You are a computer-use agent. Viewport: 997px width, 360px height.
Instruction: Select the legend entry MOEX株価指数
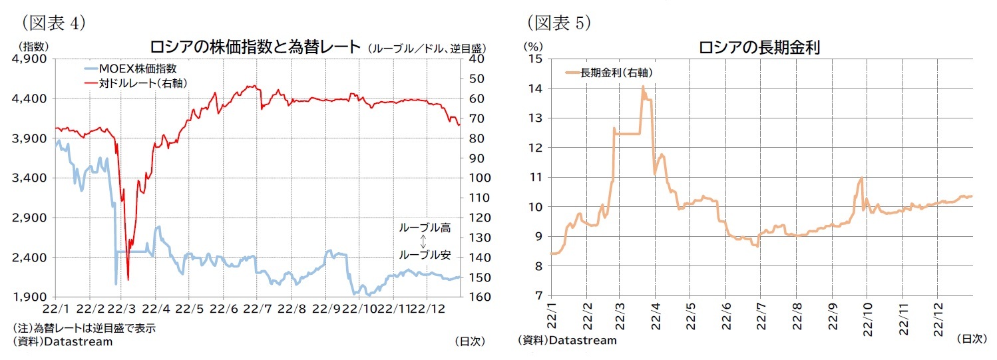click(137, 69)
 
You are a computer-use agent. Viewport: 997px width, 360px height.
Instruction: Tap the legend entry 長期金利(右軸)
click(616, 73)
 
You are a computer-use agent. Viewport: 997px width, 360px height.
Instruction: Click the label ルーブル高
click(425, 228)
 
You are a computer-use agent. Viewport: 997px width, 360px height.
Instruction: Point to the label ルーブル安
click(425, 255)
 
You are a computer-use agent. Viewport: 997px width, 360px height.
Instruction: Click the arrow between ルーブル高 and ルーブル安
click(423, 242)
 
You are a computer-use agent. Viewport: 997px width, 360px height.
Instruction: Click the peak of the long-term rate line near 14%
click(643, 87)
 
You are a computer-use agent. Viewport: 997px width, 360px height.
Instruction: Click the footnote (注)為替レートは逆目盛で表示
click(85, 329)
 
